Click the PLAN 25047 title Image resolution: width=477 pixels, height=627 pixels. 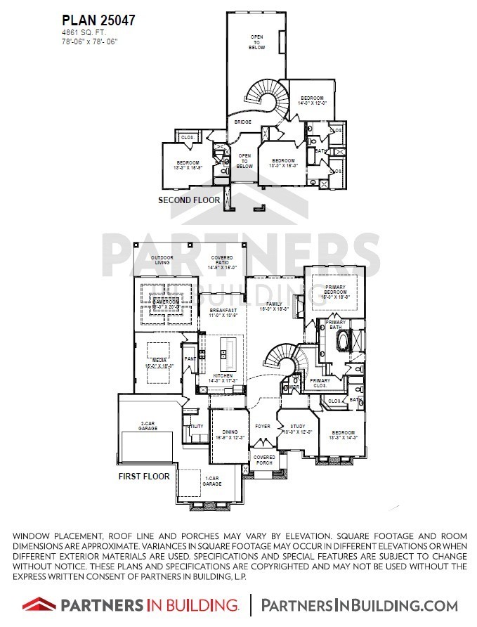[98, 21]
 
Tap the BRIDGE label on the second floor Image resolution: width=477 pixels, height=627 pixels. [243, 122]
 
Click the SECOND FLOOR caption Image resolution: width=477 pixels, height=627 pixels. [189, 200]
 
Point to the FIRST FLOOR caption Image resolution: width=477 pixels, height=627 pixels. [144, 476]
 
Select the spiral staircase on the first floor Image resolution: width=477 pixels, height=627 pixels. [286, 358]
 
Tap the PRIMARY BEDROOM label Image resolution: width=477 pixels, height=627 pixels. [335, 293]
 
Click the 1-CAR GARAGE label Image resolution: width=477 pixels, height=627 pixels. [212, 482]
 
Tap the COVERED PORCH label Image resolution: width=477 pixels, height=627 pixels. [265, 460]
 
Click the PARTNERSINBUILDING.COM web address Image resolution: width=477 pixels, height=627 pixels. [360, 605]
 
